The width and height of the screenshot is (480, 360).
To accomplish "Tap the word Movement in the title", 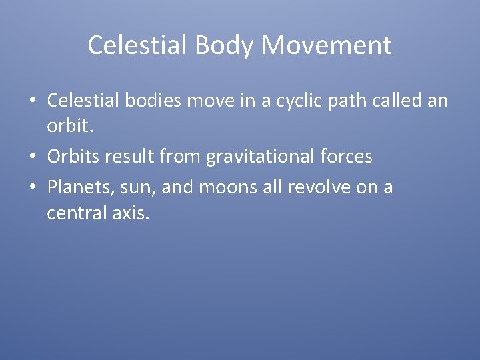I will (x=327, y=46).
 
